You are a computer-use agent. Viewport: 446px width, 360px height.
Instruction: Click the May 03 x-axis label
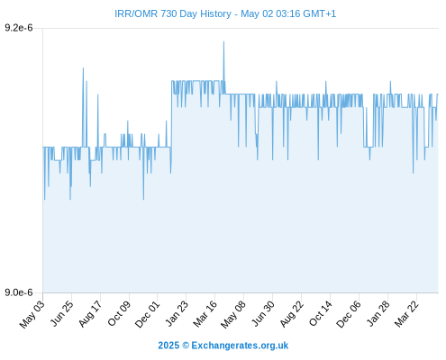pos(32,314)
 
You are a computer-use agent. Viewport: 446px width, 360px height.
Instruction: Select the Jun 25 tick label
pos(61,313)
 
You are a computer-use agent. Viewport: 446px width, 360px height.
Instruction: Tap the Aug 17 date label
pos(90,314)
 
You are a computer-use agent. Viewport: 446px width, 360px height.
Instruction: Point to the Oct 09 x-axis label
pos(119,313)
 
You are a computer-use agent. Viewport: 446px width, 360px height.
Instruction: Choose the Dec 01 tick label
pos(147,314)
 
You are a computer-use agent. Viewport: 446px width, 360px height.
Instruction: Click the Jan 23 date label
pos(177,313)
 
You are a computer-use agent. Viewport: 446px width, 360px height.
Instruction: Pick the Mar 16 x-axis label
pos(205,314)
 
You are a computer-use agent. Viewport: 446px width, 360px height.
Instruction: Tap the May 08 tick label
pos(233,314)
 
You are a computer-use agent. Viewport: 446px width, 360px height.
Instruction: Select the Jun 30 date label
pos(263,313)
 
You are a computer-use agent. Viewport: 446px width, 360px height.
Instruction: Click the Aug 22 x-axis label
pos(292,314)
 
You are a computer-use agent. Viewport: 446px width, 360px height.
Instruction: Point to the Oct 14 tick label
pos(321,313)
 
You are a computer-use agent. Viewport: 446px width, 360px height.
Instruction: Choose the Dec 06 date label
pos(349,314)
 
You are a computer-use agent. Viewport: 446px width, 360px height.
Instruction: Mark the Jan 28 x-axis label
pos(378,313)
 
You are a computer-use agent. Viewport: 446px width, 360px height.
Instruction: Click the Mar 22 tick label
pos(406,314)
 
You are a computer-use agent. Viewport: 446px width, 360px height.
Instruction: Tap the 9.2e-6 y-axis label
pos(19,28)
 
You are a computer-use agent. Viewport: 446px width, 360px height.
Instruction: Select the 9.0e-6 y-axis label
pos(19,292)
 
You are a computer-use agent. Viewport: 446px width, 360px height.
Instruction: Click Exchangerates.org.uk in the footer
pos(240,346)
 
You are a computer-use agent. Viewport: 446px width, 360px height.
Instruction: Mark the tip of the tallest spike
pos(223,41)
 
